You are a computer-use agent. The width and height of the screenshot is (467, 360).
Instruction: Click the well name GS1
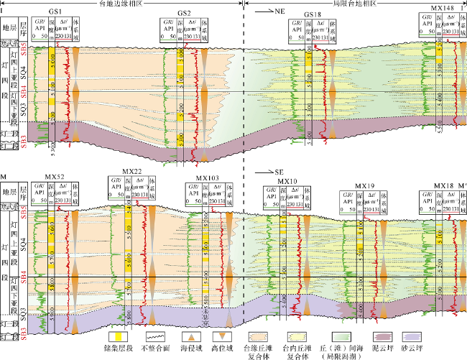56,14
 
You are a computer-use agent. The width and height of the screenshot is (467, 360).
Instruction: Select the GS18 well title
312,14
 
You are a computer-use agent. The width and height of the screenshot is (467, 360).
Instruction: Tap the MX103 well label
208,177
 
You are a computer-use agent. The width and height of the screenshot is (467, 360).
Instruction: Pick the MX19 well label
365,185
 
